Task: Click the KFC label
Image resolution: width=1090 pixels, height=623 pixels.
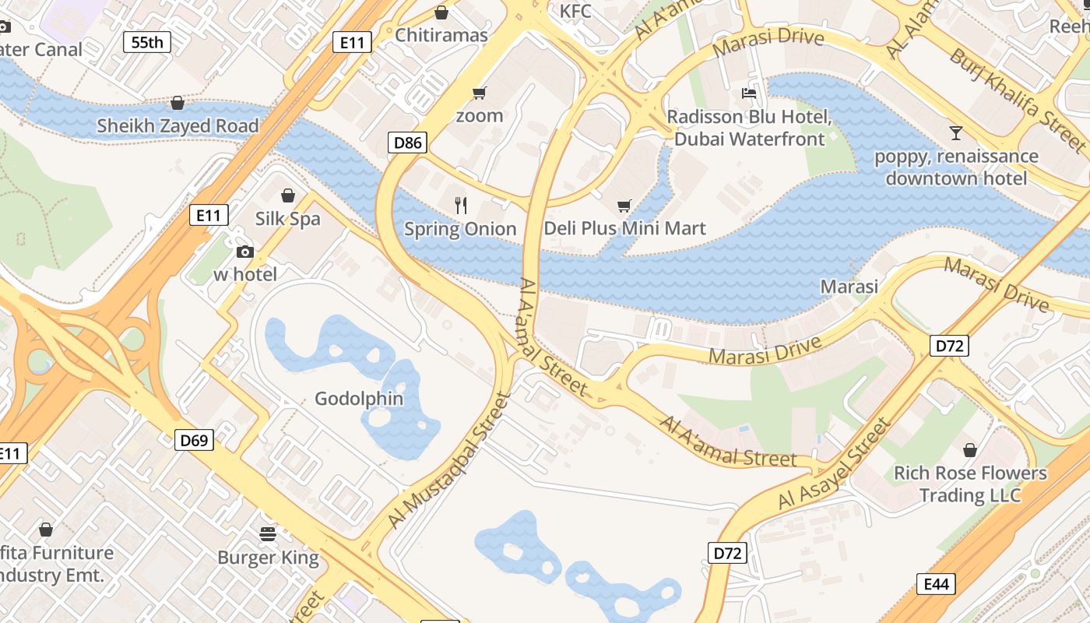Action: click(x=576, y=11)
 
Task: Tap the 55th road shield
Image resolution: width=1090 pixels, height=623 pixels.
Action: click(x=147, y=42)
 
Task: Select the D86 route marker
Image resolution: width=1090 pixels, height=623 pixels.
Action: click(x=407, y=143)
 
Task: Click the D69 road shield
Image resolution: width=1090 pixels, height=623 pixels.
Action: click(x=194, y=441)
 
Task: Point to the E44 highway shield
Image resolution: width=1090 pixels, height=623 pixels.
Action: click(x=936, y=584)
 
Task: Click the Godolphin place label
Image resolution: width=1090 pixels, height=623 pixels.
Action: click(x=359, y=399)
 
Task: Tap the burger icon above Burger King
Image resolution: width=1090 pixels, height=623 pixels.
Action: click(x=268, y=533)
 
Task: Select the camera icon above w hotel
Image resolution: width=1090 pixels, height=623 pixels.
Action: click(x=244, y=252)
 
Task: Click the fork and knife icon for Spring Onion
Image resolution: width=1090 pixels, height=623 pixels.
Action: click(x=461, y=206)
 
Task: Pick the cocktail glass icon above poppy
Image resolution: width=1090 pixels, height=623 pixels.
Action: click(x=956, y=133)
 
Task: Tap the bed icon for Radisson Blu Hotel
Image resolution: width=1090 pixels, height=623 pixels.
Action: click(x=749, y=93)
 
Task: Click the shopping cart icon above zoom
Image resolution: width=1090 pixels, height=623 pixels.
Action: click(x=479, y=93)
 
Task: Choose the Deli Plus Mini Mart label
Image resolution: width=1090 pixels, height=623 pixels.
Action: click(x=624, y=228)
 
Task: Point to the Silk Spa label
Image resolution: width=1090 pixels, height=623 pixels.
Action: click(x=288, y=219)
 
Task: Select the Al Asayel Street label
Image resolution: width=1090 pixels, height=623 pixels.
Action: click(x=834, y=464)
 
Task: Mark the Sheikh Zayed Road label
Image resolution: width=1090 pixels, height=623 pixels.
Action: click(x=178, y=125)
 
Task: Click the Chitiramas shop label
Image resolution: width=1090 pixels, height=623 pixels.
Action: click(x=441, y=35)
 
